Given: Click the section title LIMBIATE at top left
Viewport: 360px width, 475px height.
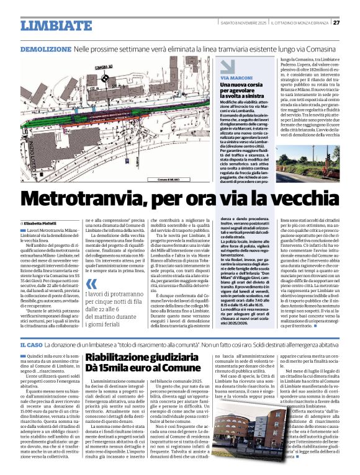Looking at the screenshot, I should tap(53, 25).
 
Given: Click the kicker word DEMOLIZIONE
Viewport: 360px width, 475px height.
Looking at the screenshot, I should tap(45, 48).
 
